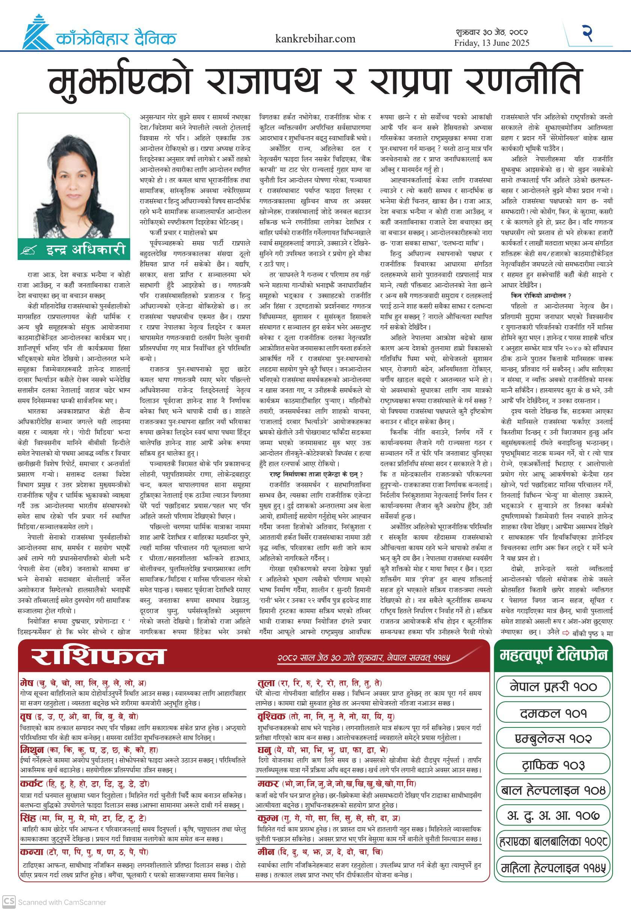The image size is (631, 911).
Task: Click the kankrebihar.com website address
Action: point(315,39)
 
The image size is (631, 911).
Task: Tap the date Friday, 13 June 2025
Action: point(491,43)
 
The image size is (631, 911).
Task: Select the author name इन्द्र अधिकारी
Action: point(86,250)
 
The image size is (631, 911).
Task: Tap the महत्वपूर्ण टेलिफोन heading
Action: point(553,655)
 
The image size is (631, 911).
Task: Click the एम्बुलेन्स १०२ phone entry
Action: point(553,739)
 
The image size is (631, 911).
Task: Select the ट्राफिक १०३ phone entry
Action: point(553,765)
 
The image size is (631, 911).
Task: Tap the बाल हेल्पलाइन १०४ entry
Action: point(553,791)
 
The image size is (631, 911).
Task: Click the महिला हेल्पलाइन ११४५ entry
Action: point(553,868)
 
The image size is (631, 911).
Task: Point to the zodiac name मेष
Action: point(27,683)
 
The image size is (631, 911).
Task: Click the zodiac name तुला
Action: point(266,683)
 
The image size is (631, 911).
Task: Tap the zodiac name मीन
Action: point(266,851)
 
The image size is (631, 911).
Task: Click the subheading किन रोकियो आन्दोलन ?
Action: point(541,295)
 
